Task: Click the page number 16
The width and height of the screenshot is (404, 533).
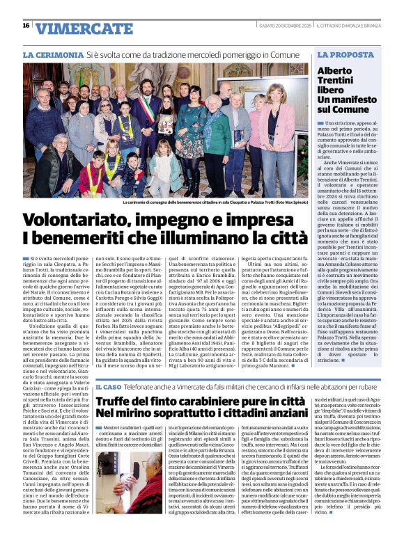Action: (26, 25)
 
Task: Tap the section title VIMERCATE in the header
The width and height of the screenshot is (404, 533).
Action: (74, 29)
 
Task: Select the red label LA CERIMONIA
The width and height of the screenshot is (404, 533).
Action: (48, 54)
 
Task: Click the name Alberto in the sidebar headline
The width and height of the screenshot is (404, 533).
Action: (336, 71)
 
